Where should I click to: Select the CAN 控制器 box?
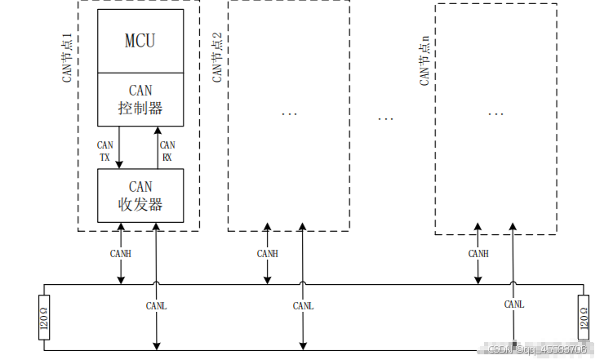(140, 100)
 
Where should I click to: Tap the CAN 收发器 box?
(140, 196)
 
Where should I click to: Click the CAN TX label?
(105, 150)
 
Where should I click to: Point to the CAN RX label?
(167, 150)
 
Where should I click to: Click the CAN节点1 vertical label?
(67, 57)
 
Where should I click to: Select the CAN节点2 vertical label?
(217, 57)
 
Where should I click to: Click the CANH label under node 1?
(120, 254)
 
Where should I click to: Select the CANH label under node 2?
(267, 254)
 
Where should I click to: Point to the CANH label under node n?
(479, 254)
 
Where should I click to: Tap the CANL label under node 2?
(303, 305)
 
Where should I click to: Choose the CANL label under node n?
(513, 304)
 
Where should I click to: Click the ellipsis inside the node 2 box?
(289, 113)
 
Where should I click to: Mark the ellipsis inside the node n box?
(495, 113)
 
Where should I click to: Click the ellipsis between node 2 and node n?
(386, 119)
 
